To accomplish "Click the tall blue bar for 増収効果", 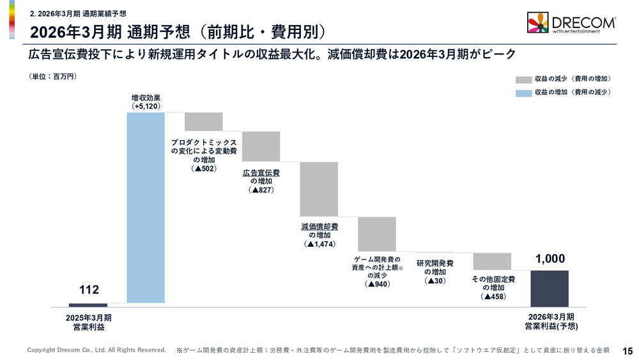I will (x=146, y=207).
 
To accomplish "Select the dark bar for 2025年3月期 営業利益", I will (x=88, y=305).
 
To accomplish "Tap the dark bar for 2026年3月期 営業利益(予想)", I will (x=549, y=288).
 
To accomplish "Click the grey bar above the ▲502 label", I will (x=204, y=121).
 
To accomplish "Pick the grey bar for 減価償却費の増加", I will (x=319, y=189).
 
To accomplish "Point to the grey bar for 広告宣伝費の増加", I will (x=261, y=146).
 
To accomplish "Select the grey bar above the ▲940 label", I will (x=376, y=234).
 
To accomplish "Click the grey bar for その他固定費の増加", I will (x=492, y=261).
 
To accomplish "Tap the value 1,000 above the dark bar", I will (x=550, y=258).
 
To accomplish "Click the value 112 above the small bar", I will (x=89, y=290).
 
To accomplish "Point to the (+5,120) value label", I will (x=146, y=106).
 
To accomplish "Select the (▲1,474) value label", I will (x=319, y=244).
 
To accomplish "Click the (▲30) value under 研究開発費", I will (x=435, y=281).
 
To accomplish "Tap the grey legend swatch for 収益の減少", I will (x=523, y=79).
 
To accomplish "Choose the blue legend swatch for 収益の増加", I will (x=523, y=93).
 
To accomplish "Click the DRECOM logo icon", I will (x=537, y=23).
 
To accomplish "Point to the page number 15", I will (x=627, y=350).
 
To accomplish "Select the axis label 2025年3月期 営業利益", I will (x=89, y=322).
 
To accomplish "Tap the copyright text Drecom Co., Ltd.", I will (x=96, y=350).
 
